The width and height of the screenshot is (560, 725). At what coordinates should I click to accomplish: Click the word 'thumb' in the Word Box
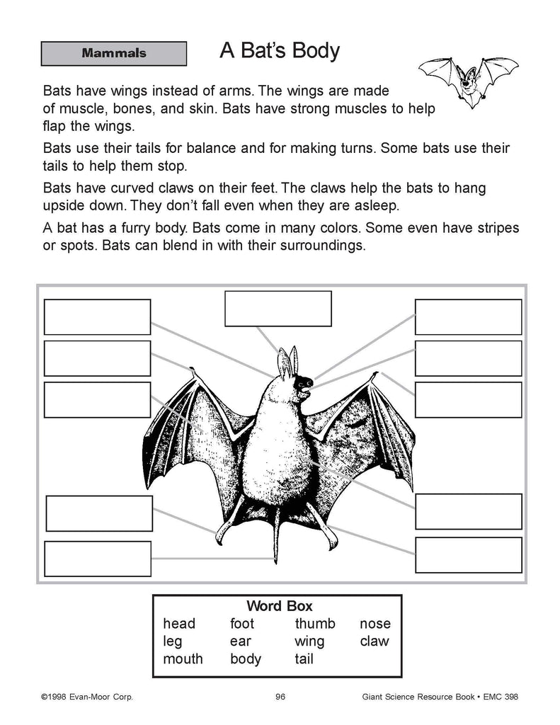point(315,624)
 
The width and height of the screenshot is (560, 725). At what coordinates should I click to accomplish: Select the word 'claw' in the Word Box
point(374,641)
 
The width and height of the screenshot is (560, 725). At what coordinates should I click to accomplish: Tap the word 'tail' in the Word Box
point(304,658)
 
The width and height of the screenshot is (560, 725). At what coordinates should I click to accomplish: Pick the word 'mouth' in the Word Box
point(183,658)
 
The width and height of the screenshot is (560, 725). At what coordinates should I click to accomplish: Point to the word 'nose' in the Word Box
point(375,624)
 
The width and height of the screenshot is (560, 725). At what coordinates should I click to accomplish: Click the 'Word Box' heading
point(279,606)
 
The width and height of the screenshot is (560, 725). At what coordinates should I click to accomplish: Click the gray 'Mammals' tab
point(114,53)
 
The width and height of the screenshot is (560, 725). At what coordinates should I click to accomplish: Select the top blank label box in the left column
point(97,316)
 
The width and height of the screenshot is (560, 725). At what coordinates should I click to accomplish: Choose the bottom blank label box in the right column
point(468,554)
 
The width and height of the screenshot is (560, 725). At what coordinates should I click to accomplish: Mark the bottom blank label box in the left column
point(98,559)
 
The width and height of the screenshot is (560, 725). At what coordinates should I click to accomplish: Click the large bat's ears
point(285,362)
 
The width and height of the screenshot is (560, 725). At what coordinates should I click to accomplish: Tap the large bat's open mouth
point(305,387)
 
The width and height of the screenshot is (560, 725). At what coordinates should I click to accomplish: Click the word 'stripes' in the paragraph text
point(493,229)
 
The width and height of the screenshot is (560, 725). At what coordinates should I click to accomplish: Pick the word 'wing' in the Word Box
point(309,641)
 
